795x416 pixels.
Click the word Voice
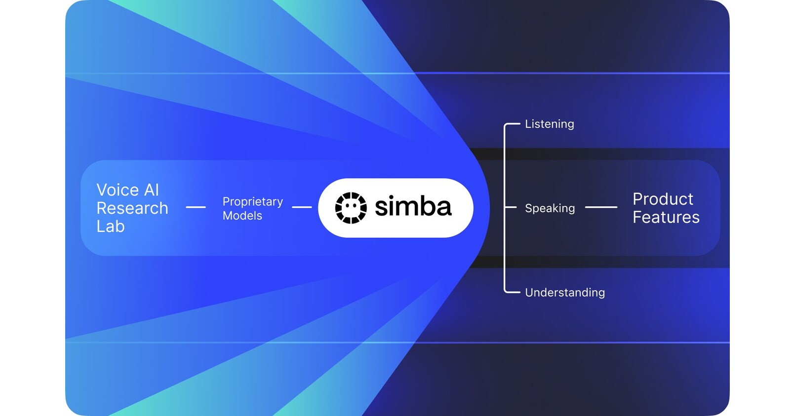tap(118, 190)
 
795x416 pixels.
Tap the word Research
tap(132, 208)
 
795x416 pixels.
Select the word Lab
tap(111, 227)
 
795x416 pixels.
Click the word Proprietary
tap(252, 202)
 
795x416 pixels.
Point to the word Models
tap(242, 216)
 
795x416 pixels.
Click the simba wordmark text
tap(413, 207)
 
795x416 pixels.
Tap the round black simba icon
tap(351, 208)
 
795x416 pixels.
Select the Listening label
tap(549, 124)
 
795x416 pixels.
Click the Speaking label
tap(550, 208)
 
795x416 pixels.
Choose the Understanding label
tap(564, 293)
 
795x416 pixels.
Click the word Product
tap(663, 199)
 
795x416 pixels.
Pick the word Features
tap(666, 218)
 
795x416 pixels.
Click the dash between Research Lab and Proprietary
tap(196, 207)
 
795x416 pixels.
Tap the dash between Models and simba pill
tap(302, 207)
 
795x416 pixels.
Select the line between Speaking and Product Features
tap(601, 207)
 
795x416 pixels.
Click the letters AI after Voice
tap(152, 190)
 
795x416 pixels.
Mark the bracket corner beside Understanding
tap(506, 291)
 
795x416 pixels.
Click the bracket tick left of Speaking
tap(510, 207)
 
